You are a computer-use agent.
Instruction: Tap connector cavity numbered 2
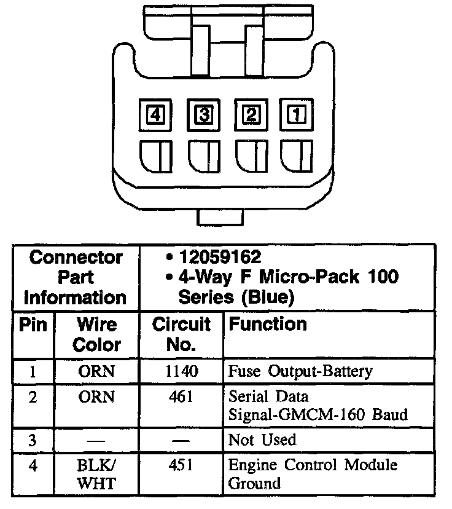pyautogui.click(x=251, y=115)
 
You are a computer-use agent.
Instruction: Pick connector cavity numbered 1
pyautogui.click(x=295, y=115)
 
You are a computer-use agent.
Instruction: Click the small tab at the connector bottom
pyautogui.click(x=221, y=217)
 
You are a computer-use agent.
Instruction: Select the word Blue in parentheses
pyautogui.click(x=268, y=297)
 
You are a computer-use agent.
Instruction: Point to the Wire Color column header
pyautogui.click(x=97, y=334)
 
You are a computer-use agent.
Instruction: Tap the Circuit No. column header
pyautogui.click(x=181, y=334)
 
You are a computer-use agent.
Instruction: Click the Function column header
pyautogui.click(x=267, y=325)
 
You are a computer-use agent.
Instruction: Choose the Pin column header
pyautogui.click(x=33, y=325)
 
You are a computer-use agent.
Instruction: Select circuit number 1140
pyautogui.click(x=181, y=371)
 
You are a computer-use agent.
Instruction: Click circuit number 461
pyautogui.click(x=181, y=397)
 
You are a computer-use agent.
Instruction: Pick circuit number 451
pyautogui.click(x=181, y=465)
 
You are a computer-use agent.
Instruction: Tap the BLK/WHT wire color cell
pyautogui.click(x=97, y=474)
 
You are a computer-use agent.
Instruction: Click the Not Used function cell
pyautogui.click(x=262, y=440)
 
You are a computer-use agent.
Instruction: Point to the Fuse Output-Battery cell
pyautogui.click(x=300, y=372)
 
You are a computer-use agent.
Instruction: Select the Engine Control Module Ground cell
pyautogui.click(x=313, y=474)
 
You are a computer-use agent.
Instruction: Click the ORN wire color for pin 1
pyautogui.click(x=97, y=371)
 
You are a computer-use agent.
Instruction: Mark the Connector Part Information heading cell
pyautogui.click(x=76, y=277)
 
